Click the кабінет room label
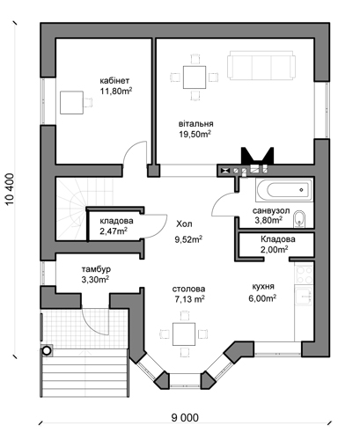pyautogui.click(x=114, y=81)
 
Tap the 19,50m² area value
pyautogui.click(x=195, y=134)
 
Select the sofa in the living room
pyautogui.click(x=261, y=65)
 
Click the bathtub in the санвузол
pyautogui.click(x=283, y=190)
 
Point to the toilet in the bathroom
pyautogui.click(x=299, y=219)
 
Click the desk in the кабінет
pyautogui.click(x=71, y=102)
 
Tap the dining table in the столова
pyautogui.click(x=184, y=334)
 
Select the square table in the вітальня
pyautogui.click(x=195, y=77)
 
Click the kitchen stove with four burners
pyautogui.click(x=305, y=275)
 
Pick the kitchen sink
pyautogui.click(x=305, y=297)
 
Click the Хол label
pyautogui.click(x=184, y=224)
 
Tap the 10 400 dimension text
pyautogui.click(x=10, y=189)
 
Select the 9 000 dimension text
pyautogui.click(x=185, y=417)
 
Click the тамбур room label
pyautogui.click(x=96, y=269)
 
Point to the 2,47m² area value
pyautogui.click(x=114, y=231)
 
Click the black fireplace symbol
pyautogui.click(x=257, y=156)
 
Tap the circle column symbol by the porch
pyautogui.click(x=47, y=350)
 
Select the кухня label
pyautogui.click(x=263, y=286)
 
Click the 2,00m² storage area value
pyautogui.click(x=274, y=249)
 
